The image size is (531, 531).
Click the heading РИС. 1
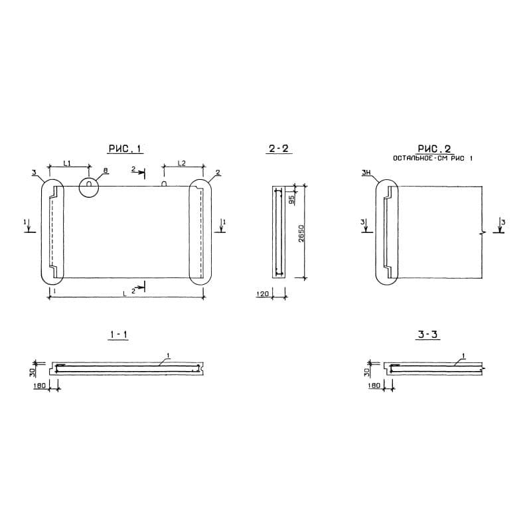click(x=125, y=149)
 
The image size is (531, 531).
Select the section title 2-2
click(x=278, y=149)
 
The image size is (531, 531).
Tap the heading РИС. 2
click(x=434, y=149)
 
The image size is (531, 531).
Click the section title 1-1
click(x=118, y=335)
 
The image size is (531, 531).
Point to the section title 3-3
click(x=427, y=335)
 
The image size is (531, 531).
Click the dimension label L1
click(x=68, y=163)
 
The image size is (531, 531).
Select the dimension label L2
click(x=182, y=163)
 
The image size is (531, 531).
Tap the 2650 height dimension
click(x=301, y=233)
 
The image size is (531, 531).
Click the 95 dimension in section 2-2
click(x=291, y=200)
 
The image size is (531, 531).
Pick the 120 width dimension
click(x=263, y=293)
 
